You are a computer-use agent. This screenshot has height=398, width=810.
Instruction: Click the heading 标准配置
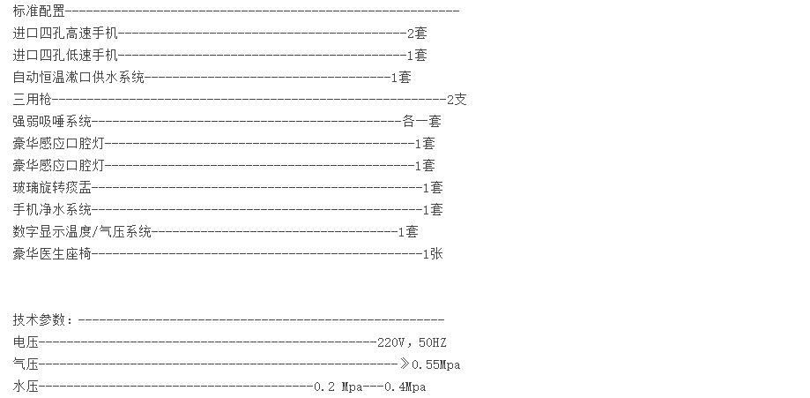coord(39,11)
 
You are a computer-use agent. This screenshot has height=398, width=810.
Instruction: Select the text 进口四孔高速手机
coord(65,33)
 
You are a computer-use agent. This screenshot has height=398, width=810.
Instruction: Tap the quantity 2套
coord(417,33)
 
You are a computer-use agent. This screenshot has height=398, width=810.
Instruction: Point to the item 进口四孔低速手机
coord(65,55)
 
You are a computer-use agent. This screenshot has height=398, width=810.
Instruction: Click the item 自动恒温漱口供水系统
coord(78,77)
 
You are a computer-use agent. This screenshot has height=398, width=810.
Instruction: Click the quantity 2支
coord(457,99)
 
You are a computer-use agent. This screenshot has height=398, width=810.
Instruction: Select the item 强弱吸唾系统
coord(52,121)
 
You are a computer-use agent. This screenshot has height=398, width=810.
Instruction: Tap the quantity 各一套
coord(421,121)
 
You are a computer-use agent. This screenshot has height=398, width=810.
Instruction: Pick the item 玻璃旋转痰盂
coord(52,187)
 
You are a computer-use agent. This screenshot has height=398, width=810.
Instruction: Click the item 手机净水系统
coord(52,209)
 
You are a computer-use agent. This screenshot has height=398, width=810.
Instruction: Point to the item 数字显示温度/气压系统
coord(82,231)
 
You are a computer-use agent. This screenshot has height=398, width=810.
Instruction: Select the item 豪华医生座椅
coord(52,253)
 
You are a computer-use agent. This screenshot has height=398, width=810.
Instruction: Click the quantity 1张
coord(433,253)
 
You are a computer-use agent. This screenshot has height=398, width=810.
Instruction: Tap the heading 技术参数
coord(39,320)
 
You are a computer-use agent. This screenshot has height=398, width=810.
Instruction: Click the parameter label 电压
coord(26,342)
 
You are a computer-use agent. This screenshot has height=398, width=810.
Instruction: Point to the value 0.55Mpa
coord(436,364)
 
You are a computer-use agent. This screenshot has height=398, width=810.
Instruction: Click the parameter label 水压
coord(26,387)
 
